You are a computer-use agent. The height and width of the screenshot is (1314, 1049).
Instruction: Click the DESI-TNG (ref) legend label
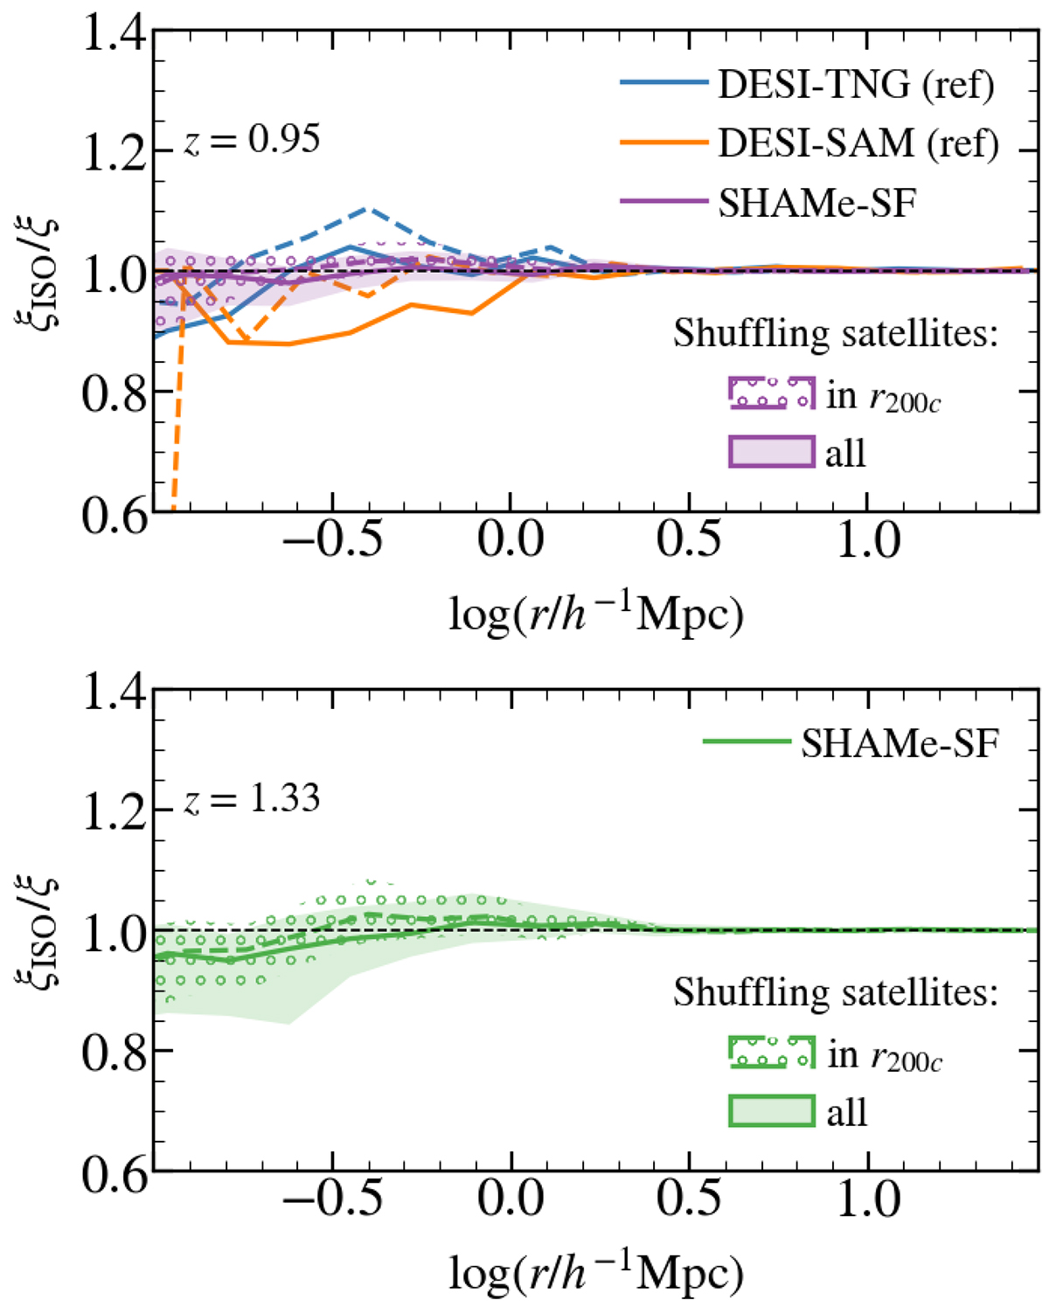point(856,84)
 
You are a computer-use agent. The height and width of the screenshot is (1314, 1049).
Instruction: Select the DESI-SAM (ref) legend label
point(858,143)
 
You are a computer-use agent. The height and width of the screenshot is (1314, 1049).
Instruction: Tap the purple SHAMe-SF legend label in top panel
point(816,203)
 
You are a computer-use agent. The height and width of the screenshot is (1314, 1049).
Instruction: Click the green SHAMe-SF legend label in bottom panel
point(900,743)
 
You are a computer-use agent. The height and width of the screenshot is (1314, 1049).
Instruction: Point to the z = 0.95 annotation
point(253,140)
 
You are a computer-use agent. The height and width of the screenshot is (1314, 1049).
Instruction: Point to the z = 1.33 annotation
point(253,799)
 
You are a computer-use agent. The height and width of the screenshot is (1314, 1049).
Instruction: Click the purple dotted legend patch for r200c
point(772,394)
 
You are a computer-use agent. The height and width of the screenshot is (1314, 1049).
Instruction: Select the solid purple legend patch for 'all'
point(772,452)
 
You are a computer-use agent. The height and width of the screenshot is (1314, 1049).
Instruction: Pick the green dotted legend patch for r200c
point(772,1053)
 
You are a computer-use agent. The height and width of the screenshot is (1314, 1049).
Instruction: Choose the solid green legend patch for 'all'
point(772,1110)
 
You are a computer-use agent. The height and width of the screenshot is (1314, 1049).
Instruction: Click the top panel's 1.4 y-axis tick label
point(113,33)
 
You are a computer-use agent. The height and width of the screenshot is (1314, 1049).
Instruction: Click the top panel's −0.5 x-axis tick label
point(333,540)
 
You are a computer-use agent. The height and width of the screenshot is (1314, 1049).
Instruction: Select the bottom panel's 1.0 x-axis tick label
point(868,1199)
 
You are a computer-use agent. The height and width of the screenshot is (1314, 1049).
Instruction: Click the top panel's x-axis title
point(596,615)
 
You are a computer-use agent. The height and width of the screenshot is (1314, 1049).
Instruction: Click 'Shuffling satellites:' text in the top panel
point(835,333)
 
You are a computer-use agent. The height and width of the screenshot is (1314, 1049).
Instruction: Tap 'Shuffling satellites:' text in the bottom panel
point(835,992)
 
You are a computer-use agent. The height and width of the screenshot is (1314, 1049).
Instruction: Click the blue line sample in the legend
point(663,83)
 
